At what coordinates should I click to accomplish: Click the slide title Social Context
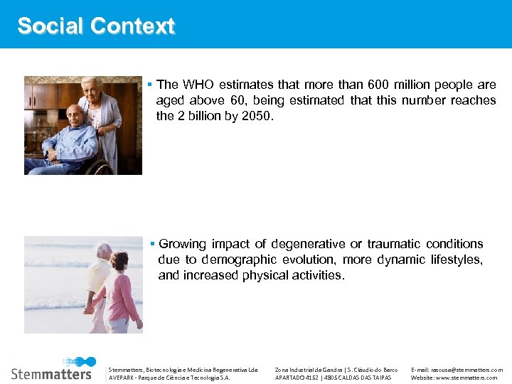(x=96, y=26)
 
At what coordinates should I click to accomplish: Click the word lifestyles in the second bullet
(x=456, y=260)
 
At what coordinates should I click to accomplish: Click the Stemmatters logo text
(x=51, y=373)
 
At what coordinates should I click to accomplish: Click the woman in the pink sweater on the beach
(x=122, y=292)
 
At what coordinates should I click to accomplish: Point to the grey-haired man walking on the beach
(x=100, y=281)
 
